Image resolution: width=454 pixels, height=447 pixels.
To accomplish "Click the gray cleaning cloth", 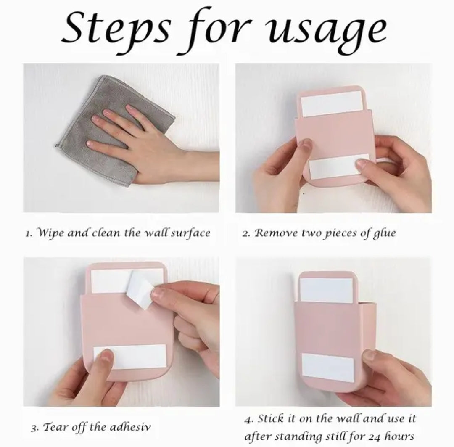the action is (x=115, y=130).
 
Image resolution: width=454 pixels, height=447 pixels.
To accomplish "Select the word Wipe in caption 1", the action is (x=51, y=233).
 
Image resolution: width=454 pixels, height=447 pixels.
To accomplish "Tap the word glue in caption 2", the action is (x=384, y=233).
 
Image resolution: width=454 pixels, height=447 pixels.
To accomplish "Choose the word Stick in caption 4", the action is (x=270, y=418).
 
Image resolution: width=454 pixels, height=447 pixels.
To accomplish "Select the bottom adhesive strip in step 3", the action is (x=130, y=357).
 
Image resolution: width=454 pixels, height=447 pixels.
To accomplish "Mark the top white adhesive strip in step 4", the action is (x=326, y=290).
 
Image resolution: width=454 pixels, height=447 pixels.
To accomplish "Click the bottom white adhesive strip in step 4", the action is (x=328, y=368).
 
